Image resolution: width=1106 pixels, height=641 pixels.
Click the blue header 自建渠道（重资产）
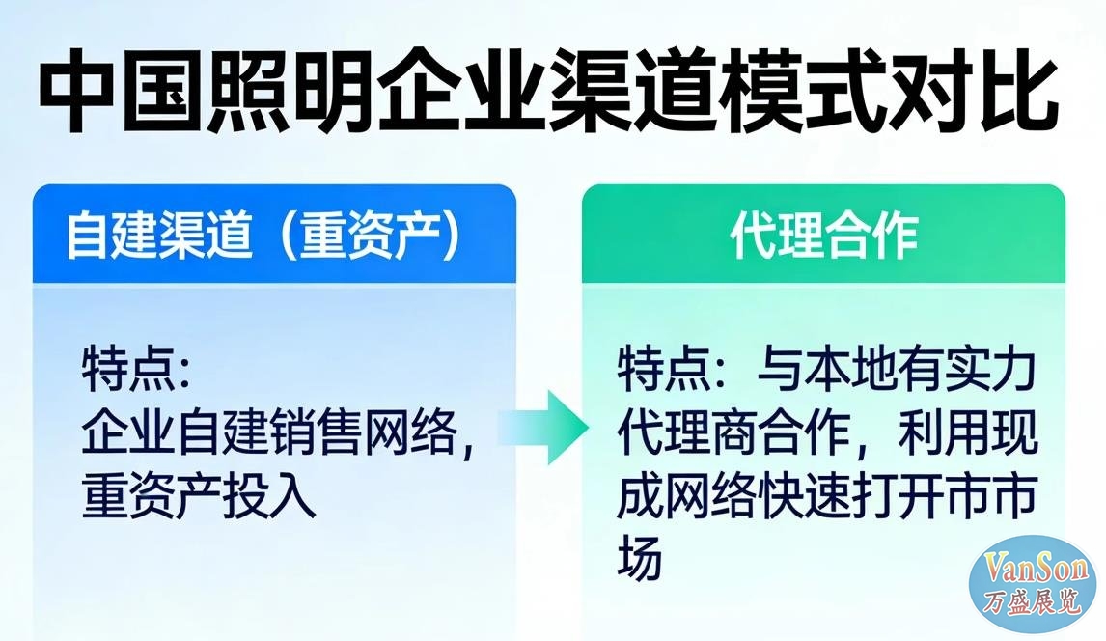[263, 235]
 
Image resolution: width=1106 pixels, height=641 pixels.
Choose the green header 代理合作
[824, 235]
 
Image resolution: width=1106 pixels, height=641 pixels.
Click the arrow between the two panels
[543, 428]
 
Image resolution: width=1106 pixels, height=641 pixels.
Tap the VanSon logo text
[1032, 569]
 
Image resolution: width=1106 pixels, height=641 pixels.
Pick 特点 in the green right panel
[664, 370]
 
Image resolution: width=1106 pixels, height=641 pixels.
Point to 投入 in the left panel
[268, 495]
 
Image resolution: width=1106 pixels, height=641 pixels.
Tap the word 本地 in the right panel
[850, 370]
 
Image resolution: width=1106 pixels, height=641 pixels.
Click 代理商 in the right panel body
[686, 432]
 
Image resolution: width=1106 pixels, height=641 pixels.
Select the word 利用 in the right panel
[945, 432]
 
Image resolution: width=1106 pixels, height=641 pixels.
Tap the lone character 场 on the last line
[640, 557]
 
